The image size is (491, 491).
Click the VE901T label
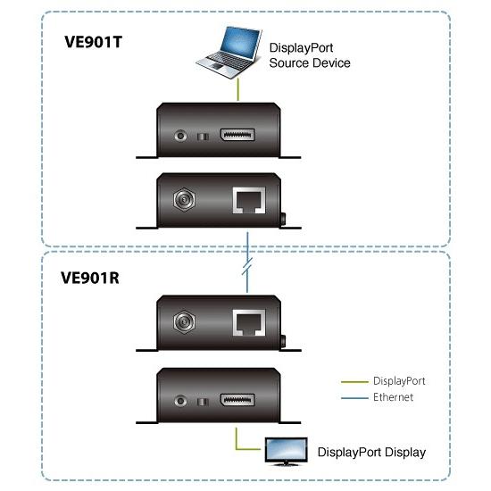click(93, 42)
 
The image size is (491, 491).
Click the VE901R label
click(90, 278)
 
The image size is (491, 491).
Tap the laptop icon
click(229, 53)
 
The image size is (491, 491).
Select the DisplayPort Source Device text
click(310, 55)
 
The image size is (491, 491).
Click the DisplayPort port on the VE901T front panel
click(237, 135)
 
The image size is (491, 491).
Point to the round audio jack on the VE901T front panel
click(180, 136)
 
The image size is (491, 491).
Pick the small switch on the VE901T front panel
click(203, 137)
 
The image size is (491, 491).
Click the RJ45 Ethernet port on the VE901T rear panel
click(249, 200)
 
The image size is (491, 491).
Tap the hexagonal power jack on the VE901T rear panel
click(184, 199)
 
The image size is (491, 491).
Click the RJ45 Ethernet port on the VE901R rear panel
click(249, 322)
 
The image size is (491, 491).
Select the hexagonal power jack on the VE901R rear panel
click(184, 321)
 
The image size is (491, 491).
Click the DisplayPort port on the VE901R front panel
click(237, 400)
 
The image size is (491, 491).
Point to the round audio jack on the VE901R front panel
click(180, 401)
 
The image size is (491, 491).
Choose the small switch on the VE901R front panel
click(203, 402)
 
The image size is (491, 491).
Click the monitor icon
click(286, 451)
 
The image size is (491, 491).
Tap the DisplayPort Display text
click(371, 453)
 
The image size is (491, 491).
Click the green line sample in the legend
click(354, 382)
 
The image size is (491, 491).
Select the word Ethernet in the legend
click(393, 397)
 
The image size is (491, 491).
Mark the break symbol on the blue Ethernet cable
click(247, 266)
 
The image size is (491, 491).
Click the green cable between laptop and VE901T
click(238, 89)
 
